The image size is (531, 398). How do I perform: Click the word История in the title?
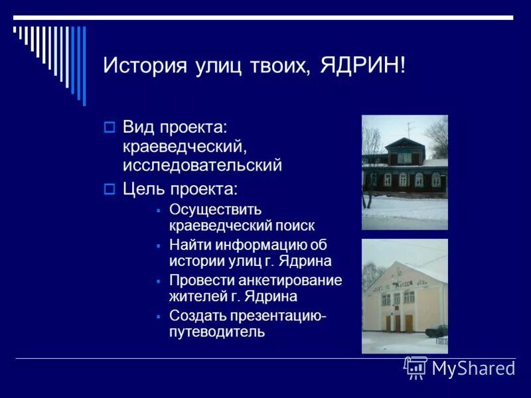(x=141, y=66)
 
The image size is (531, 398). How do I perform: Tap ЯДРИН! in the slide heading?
(x=362, y=66)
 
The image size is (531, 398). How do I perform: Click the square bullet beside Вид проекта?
(x=110, y=126)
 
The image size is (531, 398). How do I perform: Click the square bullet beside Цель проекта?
(x=110, y=189)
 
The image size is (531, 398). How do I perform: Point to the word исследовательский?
(x=202, y=165)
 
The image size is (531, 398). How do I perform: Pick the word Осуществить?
(x=215, y=210)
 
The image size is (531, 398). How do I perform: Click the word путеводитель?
(x=217, y=331)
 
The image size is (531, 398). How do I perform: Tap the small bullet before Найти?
(x=159, y=245)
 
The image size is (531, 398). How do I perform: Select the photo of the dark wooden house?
(x=404, y=172)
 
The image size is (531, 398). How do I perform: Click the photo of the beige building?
(x=404, y=296)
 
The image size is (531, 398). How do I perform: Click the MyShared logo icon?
(x=416, y=367)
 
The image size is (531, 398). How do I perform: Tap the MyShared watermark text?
(x=473, y=368)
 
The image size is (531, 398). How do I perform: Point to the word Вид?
(x=137, y=126)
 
